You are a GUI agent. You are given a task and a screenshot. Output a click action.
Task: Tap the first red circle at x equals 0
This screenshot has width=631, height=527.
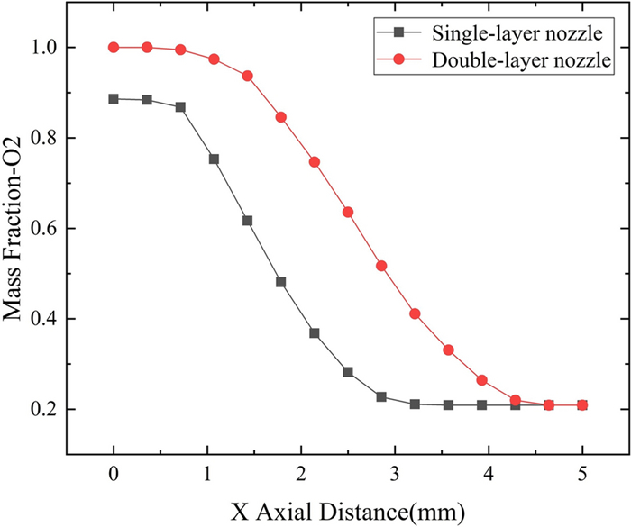[x=114, y=47]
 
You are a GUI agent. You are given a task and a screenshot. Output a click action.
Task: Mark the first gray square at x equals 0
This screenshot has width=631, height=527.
[x=114, y=99]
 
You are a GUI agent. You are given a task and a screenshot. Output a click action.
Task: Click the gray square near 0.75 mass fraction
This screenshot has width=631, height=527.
[x=214, y=159]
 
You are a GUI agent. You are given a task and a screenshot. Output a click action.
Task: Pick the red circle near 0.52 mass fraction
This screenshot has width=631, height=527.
[x=381, y=266]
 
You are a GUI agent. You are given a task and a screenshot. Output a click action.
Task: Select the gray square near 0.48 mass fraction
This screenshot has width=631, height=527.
[x=281, y=282]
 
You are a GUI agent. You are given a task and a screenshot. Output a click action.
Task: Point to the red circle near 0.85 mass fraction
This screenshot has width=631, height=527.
[x=281, y=117]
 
